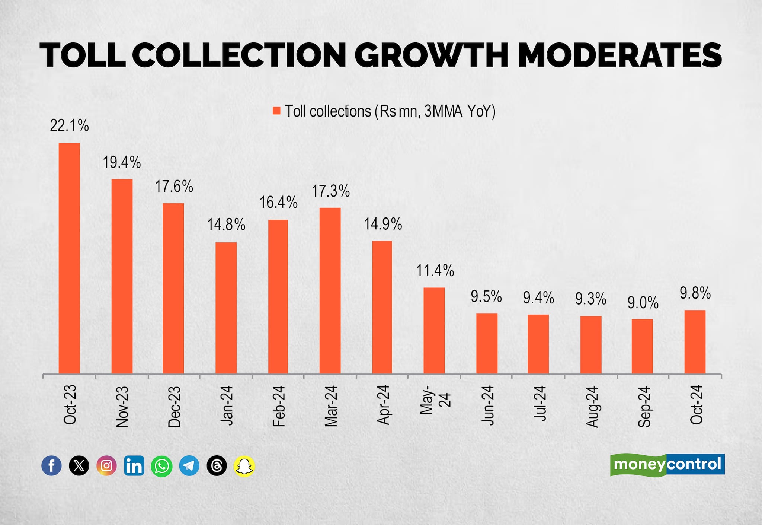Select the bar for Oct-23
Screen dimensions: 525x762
(x=69, y=258)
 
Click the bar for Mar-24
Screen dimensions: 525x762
(x=330, y=290)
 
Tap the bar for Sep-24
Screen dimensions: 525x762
(x=642, y=346)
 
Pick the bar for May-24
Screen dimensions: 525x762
(x=434, y=331)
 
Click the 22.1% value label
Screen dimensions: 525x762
(x=69, y=126)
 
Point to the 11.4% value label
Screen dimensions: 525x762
(x=435, y=271)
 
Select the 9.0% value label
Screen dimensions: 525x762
(x=643, y=303)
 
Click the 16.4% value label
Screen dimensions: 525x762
(x=278, y=203)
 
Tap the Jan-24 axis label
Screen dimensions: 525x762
(x=226, y=405)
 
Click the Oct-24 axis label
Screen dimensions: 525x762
(x=696, y=405)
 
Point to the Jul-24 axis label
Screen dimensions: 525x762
(x=540, y=404)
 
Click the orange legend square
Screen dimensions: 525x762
(x=276, y=111)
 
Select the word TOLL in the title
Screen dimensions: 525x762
(x=82, y=55)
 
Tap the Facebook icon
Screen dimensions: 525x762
(x=51, y=465)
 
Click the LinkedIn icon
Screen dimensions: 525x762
(x=134, y=465)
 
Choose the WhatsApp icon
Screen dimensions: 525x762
(x=161, y=465)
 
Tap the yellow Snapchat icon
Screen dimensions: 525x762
(x=244, y=465)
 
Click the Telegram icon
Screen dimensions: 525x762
(x=189, y=465)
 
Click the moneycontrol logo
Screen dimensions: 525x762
(x=667, y=465)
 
